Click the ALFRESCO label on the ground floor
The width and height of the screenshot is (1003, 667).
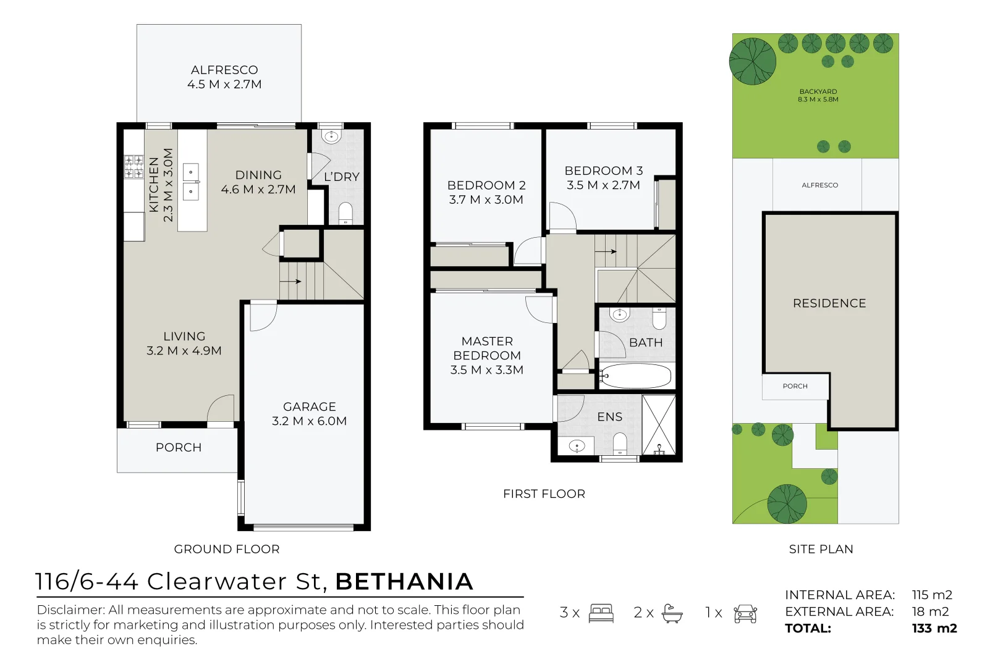point(224,70)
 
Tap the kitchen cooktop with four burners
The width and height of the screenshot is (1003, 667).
point(133,167)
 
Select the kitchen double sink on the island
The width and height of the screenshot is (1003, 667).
point(191,182)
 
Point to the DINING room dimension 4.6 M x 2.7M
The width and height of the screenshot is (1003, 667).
point(258,190)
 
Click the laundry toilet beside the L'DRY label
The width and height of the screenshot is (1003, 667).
point(345,213)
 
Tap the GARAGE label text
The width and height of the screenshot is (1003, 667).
point(309,406)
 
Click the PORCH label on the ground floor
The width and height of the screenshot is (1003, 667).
point(178,447)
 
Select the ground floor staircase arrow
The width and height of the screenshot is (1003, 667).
point(291,282)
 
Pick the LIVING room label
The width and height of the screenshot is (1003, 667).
point(184,336)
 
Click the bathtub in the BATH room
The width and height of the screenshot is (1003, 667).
point(635,375)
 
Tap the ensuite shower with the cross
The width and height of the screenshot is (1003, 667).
point(659,425)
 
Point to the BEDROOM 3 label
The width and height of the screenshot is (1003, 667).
point(603,170)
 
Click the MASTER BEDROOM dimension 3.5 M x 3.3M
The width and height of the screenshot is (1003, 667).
point(486,370)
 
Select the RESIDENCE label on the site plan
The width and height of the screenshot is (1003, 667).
point(829,303)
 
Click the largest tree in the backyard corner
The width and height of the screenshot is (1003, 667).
point(752,61)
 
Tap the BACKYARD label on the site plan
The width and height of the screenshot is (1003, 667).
point(818,91)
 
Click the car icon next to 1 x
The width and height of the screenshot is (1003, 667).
point(745,613)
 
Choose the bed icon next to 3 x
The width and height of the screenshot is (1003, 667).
point(601,613)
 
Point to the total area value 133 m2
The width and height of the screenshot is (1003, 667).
point(934,629)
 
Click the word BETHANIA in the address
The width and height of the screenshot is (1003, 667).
point(404,582)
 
